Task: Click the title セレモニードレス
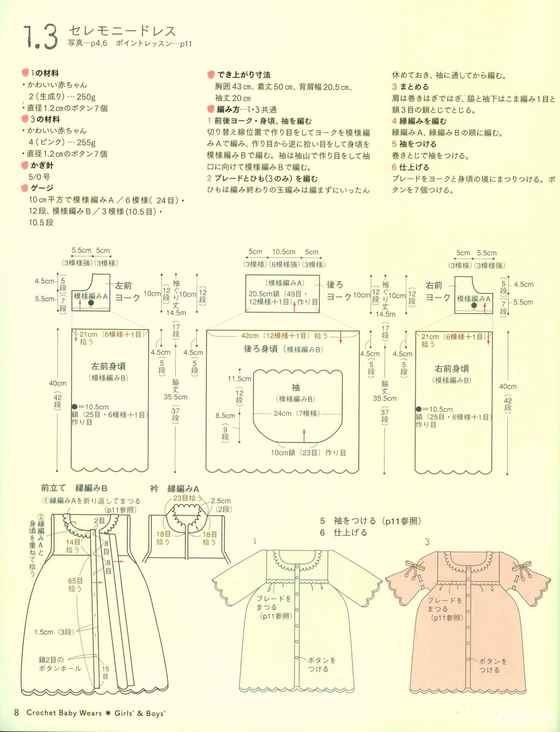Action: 122,31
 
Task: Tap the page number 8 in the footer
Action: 16,712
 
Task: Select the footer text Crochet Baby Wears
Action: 64,712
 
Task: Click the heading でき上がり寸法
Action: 244,75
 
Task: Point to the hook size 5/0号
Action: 39,177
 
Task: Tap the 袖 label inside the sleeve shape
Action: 295,387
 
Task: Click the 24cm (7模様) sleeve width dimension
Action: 297,413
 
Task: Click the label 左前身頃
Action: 108,366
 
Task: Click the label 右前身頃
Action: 451,368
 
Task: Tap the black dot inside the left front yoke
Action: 91,302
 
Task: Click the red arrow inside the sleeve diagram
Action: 304,435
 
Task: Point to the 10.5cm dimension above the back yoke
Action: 283,252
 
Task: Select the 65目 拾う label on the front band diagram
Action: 75,585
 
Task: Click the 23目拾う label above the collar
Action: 187,498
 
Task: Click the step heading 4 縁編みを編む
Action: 419,121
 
